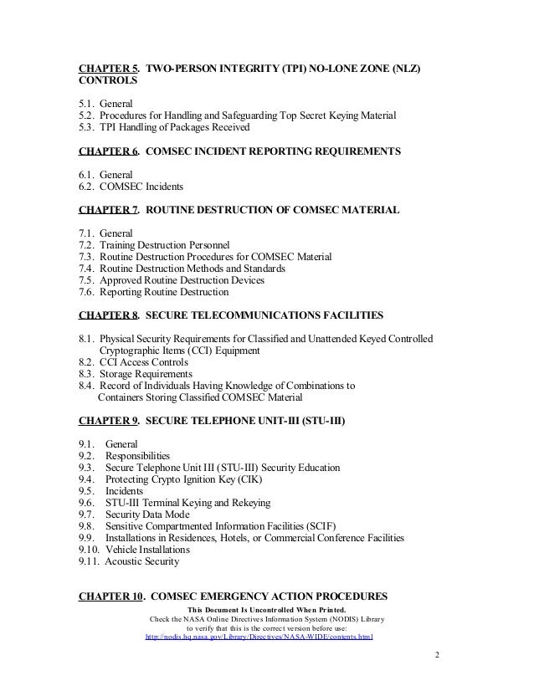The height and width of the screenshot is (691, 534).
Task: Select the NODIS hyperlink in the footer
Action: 259,637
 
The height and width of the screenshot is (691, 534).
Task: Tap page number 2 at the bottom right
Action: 437,654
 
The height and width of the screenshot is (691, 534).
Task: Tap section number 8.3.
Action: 87,374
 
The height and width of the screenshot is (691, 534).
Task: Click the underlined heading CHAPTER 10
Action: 111,597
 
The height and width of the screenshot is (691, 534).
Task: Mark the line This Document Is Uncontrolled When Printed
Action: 261,609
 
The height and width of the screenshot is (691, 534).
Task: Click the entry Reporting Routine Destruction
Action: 163,293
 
